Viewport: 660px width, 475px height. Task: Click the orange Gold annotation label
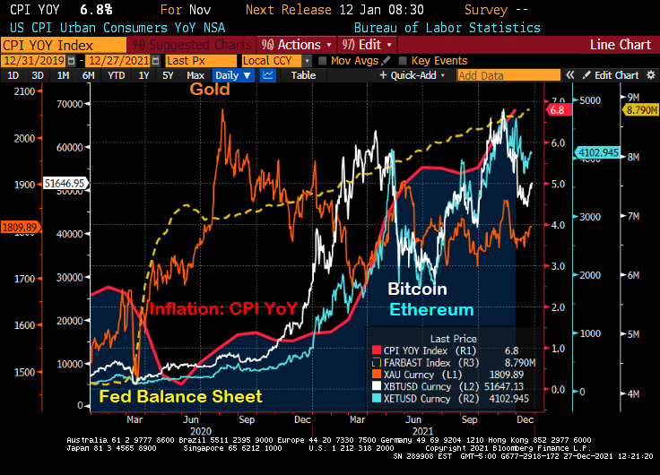pos(209,90)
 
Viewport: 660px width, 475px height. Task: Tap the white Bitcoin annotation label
pos(416,290)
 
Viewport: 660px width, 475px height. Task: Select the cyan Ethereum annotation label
pos(431,310)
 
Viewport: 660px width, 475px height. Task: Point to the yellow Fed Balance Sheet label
pos(180,396)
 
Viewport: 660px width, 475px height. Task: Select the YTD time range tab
pos(116,76)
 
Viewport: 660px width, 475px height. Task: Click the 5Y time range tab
pos(168,76)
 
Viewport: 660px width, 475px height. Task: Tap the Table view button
pos(303,76)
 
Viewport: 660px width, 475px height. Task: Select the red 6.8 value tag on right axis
pos(558,110)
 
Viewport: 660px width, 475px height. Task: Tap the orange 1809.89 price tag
pos(18,228)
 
